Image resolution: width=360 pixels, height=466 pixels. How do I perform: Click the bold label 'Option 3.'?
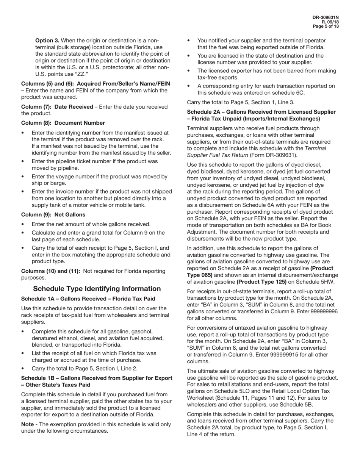(47, 41)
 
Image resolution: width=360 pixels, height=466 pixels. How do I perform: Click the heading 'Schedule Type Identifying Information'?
(97, 289)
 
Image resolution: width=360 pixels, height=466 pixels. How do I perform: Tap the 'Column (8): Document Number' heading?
(63, 123)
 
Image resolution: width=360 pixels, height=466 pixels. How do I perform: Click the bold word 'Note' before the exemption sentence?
(28, 424)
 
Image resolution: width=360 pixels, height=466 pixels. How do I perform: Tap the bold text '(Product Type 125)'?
(261, 282)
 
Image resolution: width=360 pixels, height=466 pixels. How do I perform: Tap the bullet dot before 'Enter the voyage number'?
(23, 177)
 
